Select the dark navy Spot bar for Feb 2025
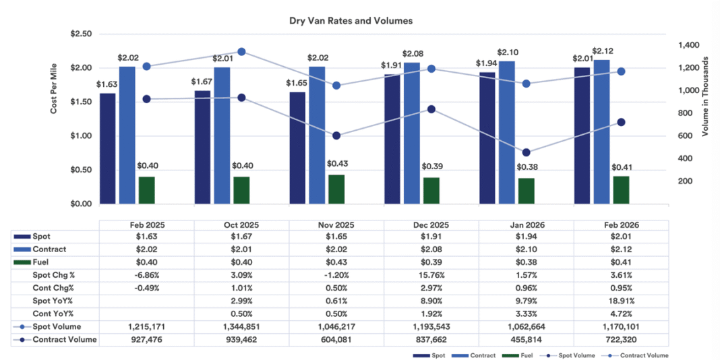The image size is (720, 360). [x=107, y=148]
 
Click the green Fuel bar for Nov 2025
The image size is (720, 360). [x=336, y=189]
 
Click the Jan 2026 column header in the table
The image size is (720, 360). [x=526, y=225]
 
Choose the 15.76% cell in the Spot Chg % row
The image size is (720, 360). [x=431, y=276]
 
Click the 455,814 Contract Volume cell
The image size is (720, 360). [x=526, y=340]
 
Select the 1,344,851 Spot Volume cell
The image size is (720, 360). [x=241, y=327]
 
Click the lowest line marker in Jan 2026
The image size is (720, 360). [x=527, y=152]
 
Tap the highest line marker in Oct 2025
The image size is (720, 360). [x=241, y=51]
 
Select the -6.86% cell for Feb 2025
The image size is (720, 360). [x=146, y=276]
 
